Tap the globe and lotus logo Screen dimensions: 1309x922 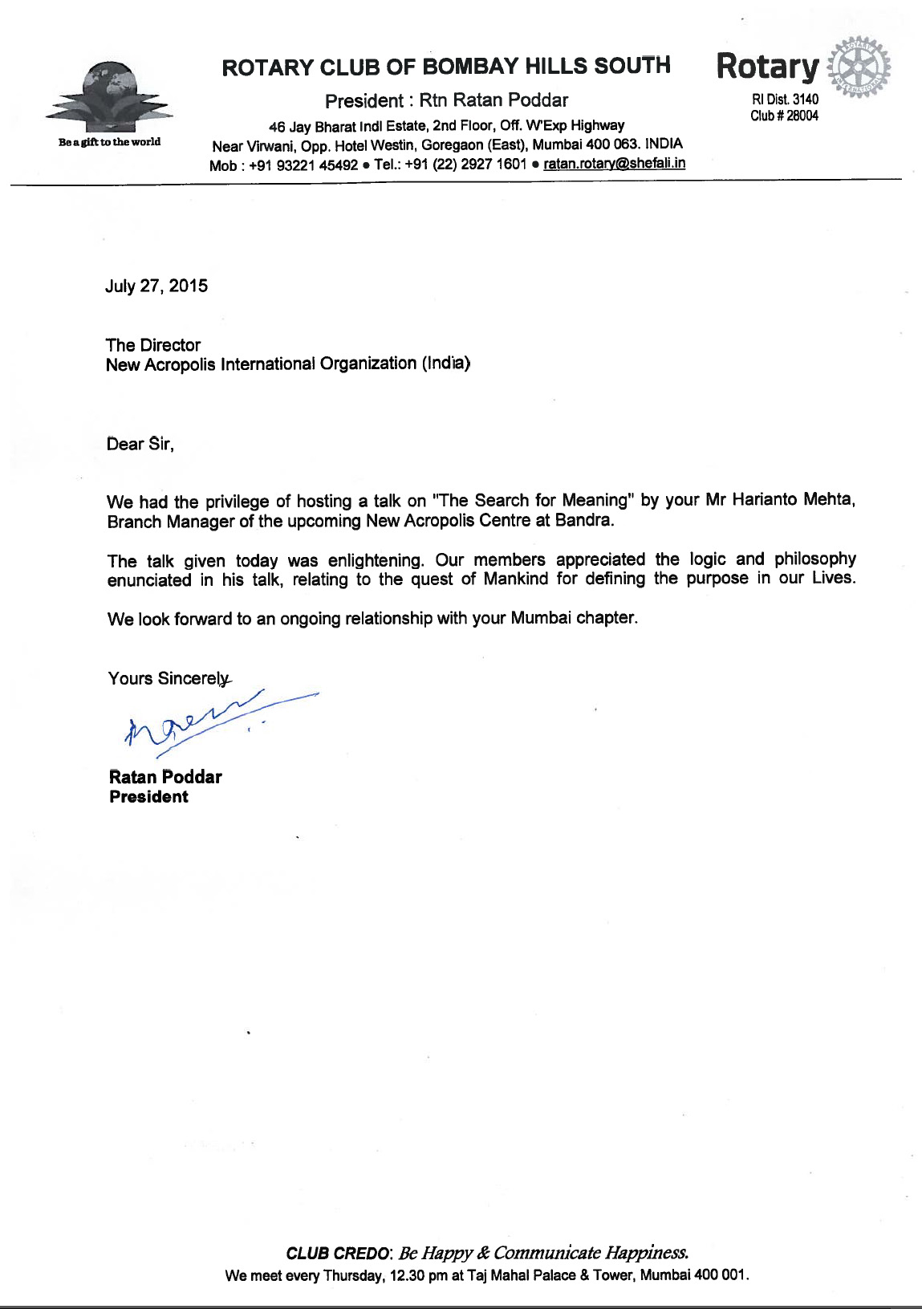[108, 96]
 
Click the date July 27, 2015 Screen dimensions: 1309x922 [156, 287]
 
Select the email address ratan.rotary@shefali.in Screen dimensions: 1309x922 [614, 164]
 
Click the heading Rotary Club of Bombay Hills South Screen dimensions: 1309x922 [446, 67]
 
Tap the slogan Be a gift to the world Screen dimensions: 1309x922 [109, 142]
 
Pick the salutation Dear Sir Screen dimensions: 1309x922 [140, 444]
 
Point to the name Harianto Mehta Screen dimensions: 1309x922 [791, 500]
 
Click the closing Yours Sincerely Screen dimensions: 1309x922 [169, 679]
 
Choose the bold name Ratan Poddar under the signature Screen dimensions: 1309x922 [165, 777]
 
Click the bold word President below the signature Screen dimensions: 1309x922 [149, 797]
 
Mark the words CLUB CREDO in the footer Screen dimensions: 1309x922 [338, 1254]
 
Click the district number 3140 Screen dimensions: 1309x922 [806, 100]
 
